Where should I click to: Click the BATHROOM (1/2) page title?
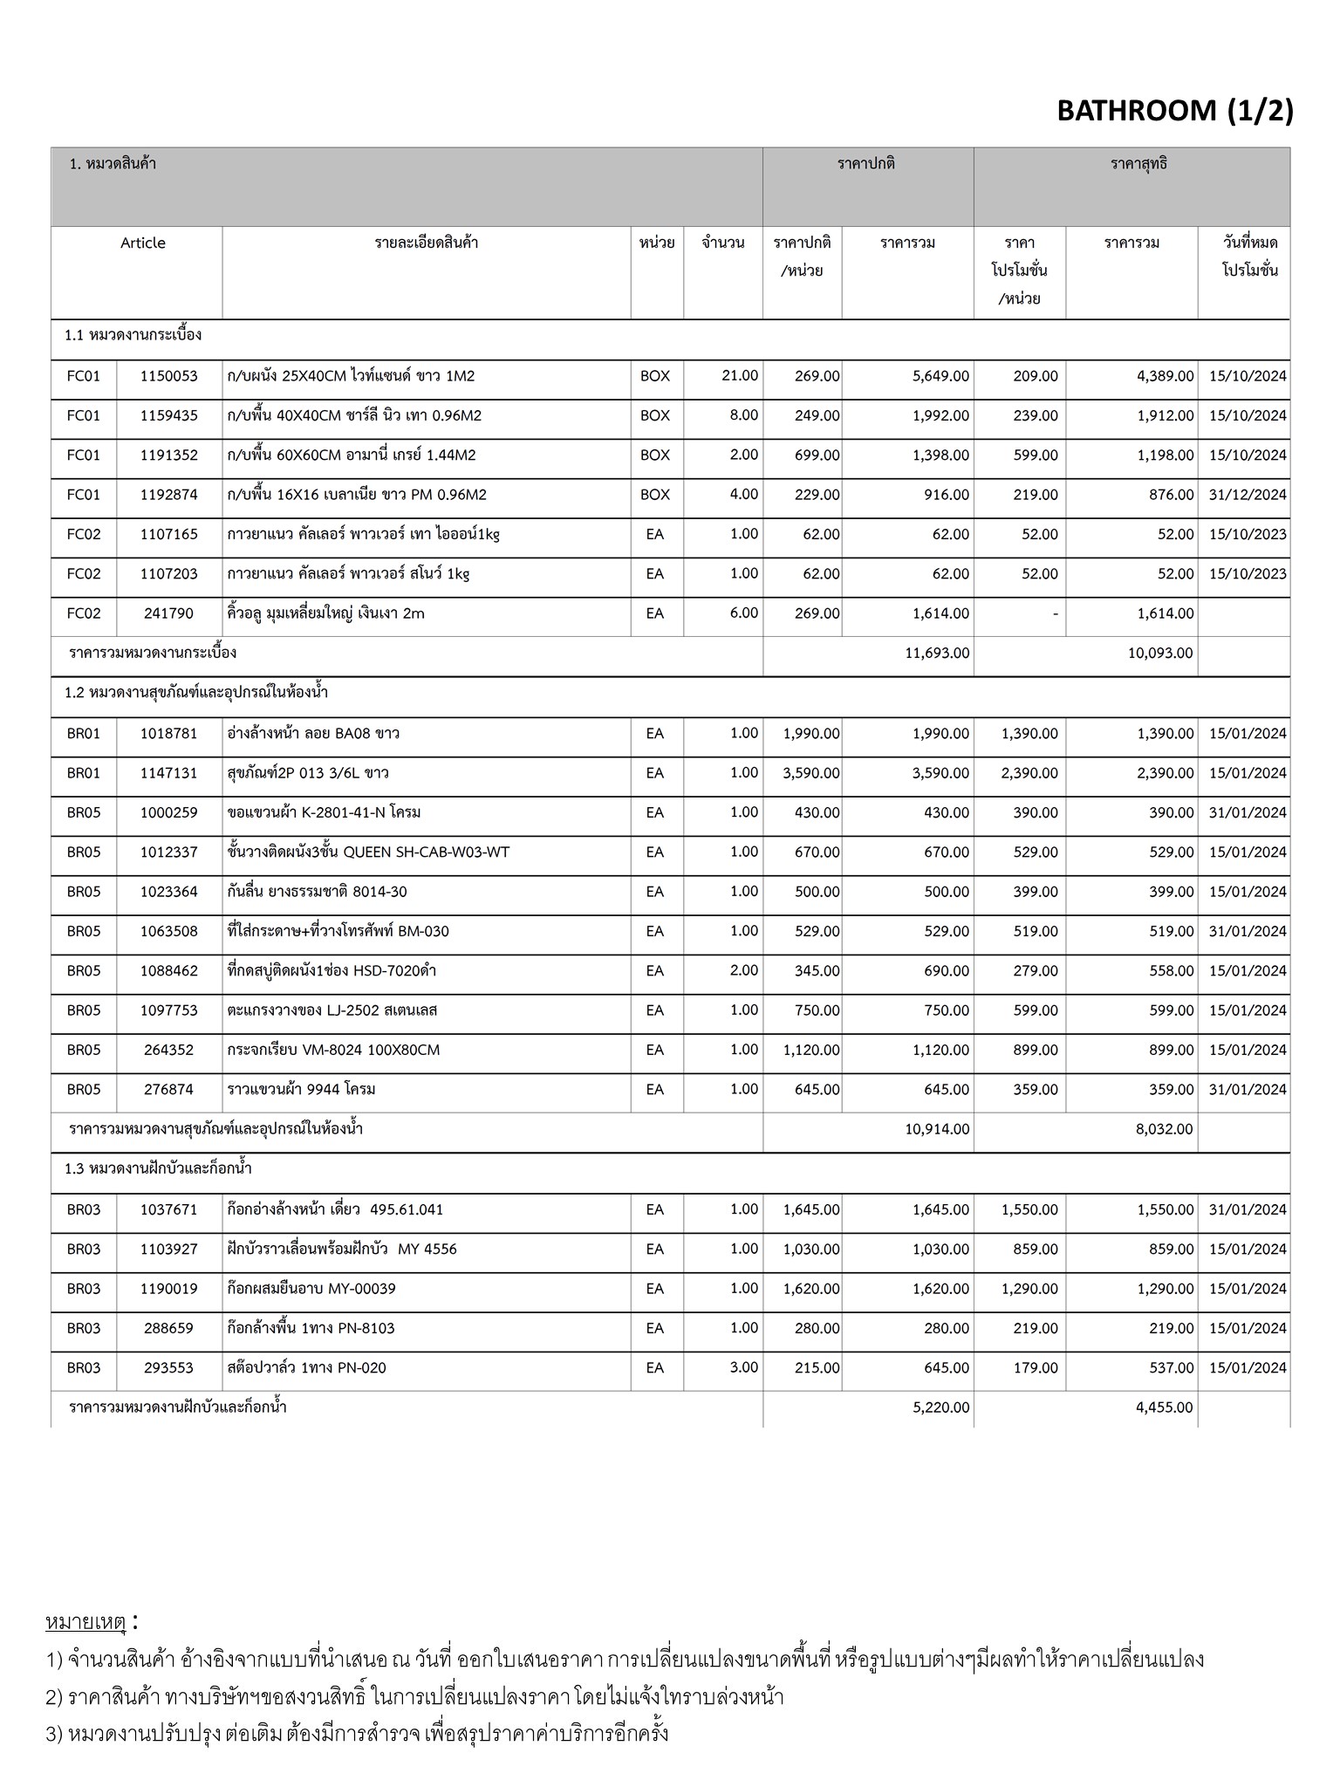1174,111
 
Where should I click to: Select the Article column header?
142,243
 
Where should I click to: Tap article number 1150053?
168,376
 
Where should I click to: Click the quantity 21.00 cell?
740,375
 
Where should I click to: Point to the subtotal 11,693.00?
937,653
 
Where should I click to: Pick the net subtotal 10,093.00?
1160,653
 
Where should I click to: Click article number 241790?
168,613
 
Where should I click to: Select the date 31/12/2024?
1248,495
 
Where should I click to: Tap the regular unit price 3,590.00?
811,773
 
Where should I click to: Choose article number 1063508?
168,931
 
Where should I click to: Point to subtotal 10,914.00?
937,1129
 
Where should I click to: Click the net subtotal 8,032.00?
1164,1129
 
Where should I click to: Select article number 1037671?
168,1209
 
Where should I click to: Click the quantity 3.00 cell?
743,1367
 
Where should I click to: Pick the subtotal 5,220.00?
940,1407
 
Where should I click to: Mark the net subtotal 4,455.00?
1164,1407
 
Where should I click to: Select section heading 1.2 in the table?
196,693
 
